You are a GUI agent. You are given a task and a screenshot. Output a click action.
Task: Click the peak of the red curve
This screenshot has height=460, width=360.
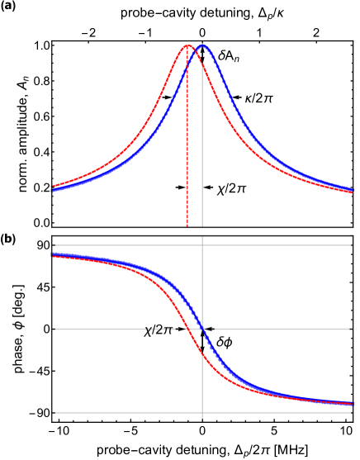click(x=187, y=45)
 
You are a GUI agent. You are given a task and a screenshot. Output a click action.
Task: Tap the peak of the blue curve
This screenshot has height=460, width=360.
click(x=202, y=45)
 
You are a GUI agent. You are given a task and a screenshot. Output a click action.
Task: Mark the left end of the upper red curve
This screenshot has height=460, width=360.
click(x=52, y=187)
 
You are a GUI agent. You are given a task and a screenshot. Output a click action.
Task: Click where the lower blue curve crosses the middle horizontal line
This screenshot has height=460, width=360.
click(x=202, y=329)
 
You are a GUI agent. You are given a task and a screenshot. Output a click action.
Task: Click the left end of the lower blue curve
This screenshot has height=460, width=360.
click(x=52, y=254)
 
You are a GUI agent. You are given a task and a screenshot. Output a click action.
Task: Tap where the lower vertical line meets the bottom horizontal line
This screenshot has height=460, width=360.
click(x=202, y=412)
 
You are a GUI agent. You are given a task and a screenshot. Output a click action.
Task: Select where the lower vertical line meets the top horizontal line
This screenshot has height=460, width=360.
click(x=202, y=245)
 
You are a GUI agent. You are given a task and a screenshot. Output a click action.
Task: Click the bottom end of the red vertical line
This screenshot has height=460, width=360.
click(x=187, y=225)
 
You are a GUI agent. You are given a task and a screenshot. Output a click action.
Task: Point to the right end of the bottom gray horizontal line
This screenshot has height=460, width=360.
click(x=350, y=412)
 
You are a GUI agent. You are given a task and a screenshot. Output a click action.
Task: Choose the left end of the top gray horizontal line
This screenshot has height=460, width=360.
click(x=55, y=245)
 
